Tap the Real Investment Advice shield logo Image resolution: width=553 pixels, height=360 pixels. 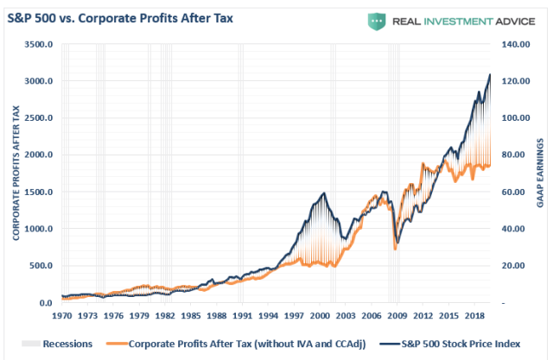[376, 21]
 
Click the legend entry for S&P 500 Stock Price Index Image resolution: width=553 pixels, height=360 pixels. [449, 343]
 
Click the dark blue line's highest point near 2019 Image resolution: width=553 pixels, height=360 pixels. [490, 75]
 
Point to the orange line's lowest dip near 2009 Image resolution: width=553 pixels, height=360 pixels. [396, 249]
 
